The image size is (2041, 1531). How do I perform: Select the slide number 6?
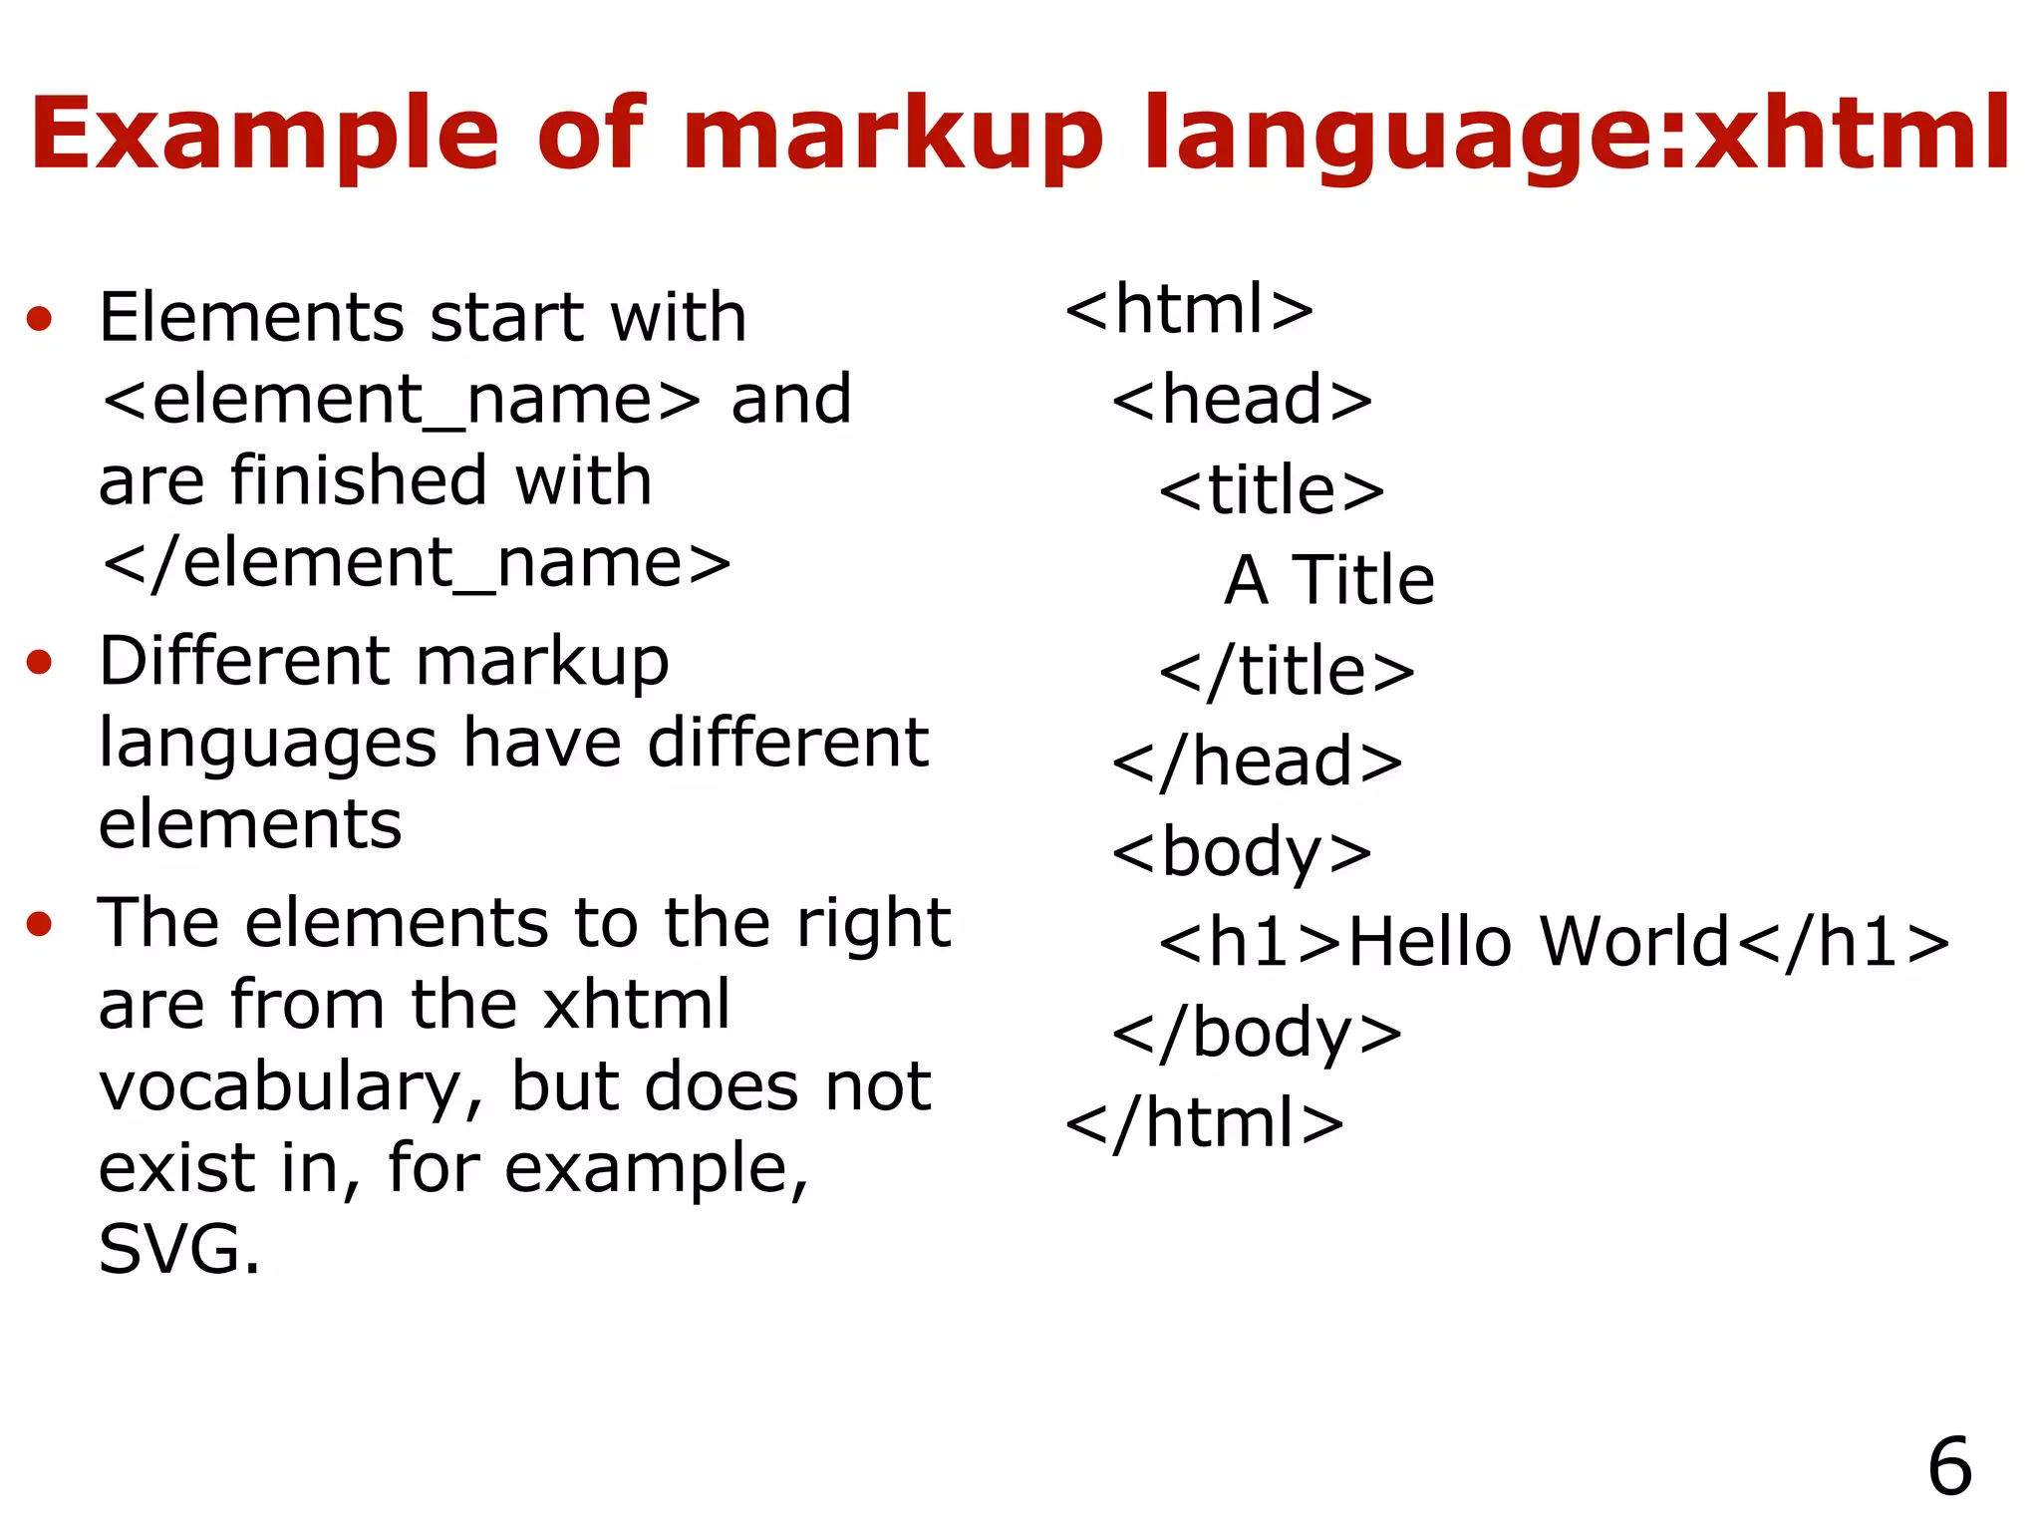click(1949, 1466)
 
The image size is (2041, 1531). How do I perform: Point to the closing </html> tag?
click(1205, 1123)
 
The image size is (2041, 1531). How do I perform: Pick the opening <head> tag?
click(1242, 400)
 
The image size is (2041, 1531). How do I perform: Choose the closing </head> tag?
click(1257, 762)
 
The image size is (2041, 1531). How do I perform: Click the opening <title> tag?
click(1272, 490)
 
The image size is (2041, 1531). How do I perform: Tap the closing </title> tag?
click(1287, 671)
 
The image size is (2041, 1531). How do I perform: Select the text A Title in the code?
click(1329, 580)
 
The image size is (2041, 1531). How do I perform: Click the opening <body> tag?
click(1242, 852)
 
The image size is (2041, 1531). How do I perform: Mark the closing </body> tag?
click(1257, 1034)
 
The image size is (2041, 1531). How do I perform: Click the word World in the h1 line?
click(1634, 942)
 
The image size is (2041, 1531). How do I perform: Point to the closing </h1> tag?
click(1843, 942)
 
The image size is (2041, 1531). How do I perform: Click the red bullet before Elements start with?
click(40, 319)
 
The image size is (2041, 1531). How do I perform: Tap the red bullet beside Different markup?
click(40, 662)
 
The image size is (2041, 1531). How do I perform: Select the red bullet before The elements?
click(40, 923)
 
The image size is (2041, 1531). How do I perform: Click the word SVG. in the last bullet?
click(179, 1250)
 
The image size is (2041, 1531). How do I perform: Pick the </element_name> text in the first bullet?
click(417, 564)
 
